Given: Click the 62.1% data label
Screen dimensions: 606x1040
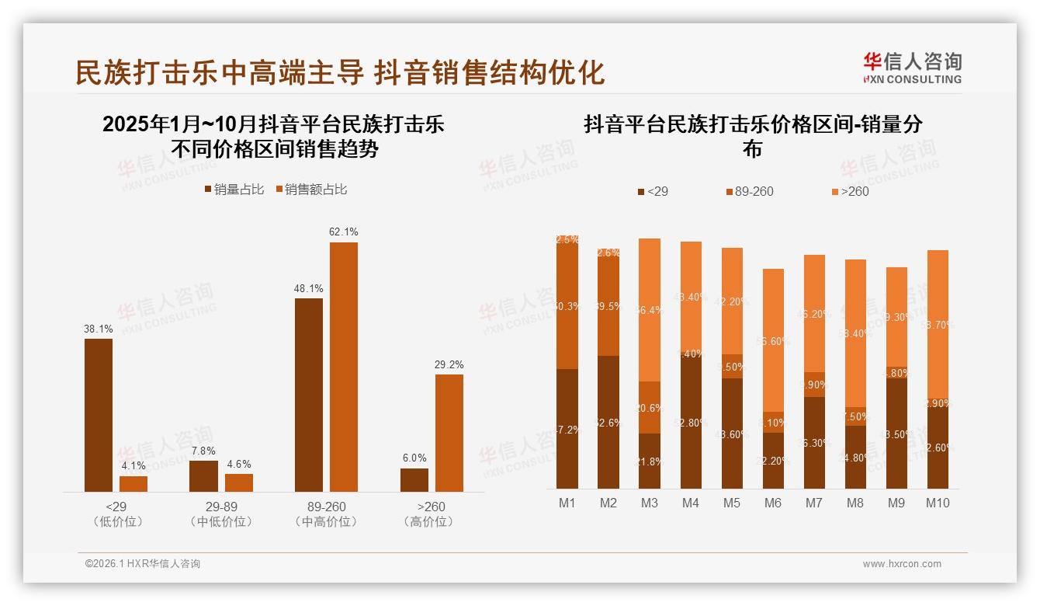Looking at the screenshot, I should [x=343, y=232].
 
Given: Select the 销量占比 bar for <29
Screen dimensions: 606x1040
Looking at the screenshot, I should [x=99, y=415].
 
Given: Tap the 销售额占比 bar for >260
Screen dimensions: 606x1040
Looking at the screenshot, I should [x=449, y=433].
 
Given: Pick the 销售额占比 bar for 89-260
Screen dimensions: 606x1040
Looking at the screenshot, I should [x=343, y=367].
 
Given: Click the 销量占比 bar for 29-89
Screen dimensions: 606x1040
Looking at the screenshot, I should [x=203, y=475].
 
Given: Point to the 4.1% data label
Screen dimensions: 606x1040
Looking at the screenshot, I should [x=133, y=466].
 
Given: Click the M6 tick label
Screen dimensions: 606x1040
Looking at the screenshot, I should [x=772, y=503].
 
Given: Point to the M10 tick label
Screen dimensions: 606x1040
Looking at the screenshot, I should [x=937, y=503].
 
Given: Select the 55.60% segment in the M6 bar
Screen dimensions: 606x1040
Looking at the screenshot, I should [x=772, y=340].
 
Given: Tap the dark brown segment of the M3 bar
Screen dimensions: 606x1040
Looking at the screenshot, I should [x=649, y=461].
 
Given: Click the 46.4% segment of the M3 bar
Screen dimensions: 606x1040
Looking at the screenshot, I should [x=649, y=310].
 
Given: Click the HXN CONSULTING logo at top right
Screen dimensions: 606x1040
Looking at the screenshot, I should [x=912, y=68].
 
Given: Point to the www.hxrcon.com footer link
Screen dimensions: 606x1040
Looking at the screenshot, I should [x=902, y=564].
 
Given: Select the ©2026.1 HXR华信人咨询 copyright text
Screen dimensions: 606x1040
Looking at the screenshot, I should [x=143, y=564].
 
